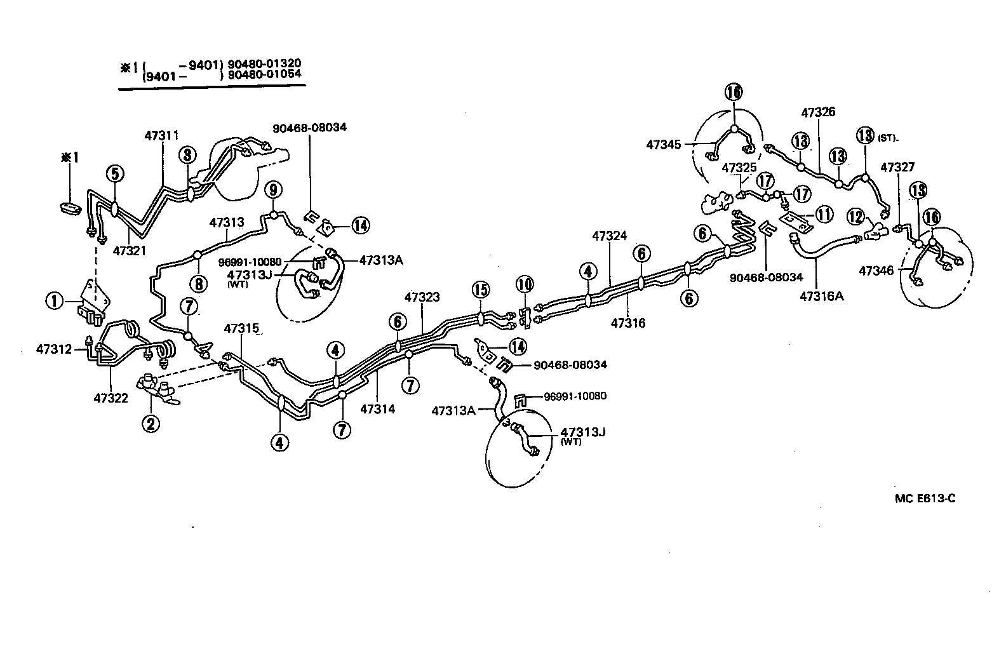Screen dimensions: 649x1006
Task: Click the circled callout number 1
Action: pos(55,300)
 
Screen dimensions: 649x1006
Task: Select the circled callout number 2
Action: pos(151,422)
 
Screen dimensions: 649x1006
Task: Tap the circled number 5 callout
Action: pos(114,173)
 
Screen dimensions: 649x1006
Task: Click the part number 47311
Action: pos(161,135)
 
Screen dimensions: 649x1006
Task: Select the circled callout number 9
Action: pos(273,189)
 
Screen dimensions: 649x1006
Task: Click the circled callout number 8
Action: pos(199,284)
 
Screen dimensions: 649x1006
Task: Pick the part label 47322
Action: pos(111,398)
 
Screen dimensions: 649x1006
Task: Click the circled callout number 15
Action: pos(481,290)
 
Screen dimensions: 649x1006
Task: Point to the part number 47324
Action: pos(610,236)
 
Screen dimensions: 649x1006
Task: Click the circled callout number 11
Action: pos(824,214)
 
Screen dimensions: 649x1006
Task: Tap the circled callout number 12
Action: pos(856,217)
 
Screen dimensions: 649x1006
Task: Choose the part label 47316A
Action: pos(821,295)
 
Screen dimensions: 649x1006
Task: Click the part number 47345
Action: pos(664,145)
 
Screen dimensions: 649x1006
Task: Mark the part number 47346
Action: pos(876,271)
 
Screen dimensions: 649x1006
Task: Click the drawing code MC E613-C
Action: pos(925,498)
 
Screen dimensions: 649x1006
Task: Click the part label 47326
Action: pos(818,112)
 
